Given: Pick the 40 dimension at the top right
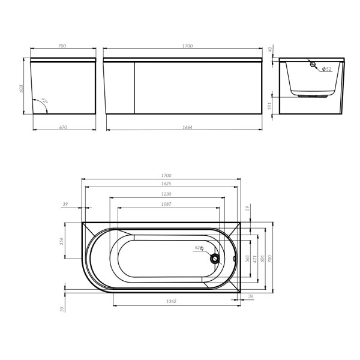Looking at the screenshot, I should (x=271, y=49).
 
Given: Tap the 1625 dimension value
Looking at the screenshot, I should (x=163, y=184).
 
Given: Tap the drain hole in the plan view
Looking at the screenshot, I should (x=214, y=259).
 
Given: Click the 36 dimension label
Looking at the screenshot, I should (x=250, y=296).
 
